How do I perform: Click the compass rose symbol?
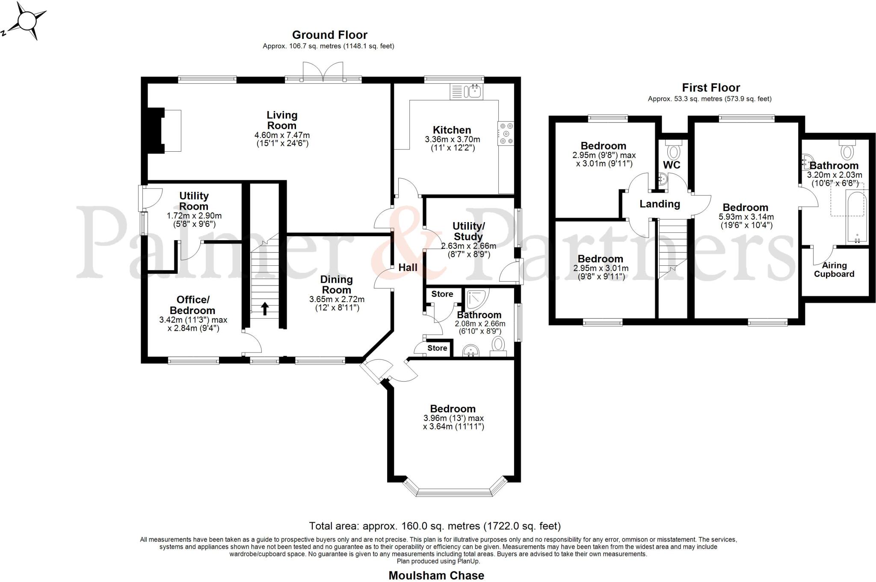[27, 21]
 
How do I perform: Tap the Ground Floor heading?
[329, 35]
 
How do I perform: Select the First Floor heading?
[711, 88]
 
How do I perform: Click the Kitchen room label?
[452, 130]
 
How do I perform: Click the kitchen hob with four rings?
[506, 133]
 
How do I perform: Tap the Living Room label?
[282, 120]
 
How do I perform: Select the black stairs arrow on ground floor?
[265, 308]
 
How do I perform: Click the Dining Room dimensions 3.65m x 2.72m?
[337, 300]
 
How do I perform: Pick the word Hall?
[408, 267]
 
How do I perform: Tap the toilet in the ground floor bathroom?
[498, 347]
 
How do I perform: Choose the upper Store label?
[442, 294]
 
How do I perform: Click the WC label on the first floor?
[672, 165]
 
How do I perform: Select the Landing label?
[660, 204]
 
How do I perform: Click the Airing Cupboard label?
[834, 270]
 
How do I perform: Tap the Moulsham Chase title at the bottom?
[436, 576]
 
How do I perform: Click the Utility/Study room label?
[468, 231]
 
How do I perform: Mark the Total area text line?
[435, 526]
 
